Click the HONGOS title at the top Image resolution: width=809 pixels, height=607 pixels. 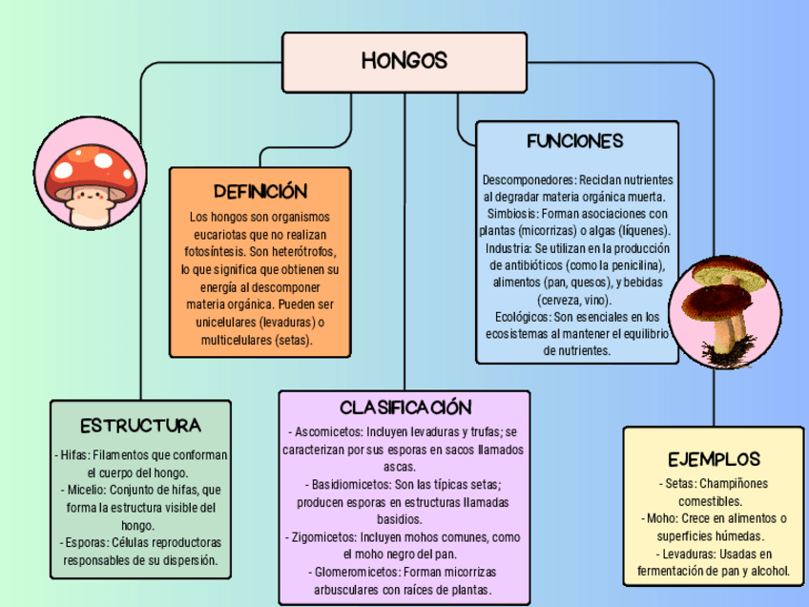coord(404,61)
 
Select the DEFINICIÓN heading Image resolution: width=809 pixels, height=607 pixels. coord(260,191)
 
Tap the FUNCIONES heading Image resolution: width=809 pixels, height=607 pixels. coord(575,141)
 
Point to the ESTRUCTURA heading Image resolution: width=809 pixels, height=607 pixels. coord(140,425)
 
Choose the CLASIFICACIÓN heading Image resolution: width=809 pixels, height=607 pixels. coord(405,408)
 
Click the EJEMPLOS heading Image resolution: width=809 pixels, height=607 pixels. coord(714,459)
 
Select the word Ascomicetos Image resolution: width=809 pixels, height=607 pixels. coord(327,431)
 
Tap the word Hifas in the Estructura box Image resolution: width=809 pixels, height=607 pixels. coord(74,455)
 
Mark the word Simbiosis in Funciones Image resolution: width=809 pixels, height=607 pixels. coord(512,214)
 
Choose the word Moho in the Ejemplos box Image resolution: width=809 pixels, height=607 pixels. coord(659,518)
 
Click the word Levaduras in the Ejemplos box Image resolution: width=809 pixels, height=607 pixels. coord(687,555)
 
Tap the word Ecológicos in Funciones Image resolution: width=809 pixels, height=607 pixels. coord(522,317)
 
